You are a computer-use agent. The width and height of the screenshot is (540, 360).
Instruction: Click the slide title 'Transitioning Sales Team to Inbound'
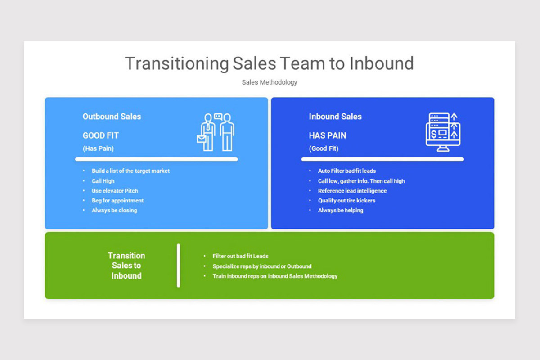tap(269, 63)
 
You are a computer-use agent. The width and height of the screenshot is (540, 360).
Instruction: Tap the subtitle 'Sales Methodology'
tap(269, 82)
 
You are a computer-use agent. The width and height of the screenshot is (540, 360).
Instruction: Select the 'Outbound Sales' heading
tap(112, 117)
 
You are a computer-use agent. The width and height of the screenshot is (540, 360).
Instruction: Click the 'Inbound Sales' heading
tap(335, 117)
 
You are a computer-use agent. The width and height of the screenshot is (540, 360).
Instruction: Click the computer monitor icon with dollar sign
tap(443, 131)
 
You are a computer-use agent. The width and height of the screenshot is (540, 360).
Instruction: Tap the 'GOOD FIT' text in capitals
tap(101, 135)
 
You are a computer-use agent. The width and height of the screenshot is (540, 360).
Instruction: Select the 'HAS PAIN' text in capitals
tap(328, 135)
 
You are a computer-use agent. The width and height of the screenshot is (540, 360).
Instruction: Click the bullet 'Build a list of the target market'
tap(130, 171)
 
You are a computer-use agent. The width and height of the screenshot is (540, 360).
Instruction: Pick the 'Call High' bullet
tap(103, 181)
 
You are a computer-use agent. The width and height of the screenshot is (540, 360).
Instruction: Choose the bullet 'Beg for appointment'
tap(117, 201)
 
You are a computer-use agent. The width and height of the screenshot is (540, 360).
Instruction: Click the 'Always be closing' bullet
tap(114, 211)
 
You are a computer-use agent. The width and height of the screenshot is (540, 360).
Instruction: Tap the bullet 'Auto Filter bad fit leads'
tap(347, 171)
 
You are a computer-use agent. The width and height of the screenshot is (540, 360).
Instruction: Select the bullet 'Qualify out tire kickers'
tap(346, 201)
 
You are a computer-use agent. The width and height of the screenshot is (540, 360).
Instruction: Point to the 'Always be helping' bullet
tap(341, 211)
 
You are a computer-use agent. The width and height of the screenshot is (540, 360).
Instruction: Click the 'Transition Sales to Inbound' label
tap(126, 265)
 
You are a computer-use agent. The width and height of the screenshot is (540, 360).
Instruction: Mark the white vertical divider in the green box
tap(179, 265)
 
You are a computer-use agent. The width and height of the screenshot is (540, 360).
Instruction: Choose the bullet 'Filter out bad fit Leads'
tap(240, 256)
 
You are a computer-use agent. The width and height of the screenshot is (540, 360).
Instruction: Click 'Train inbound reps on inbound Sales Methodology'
tap(275, 276)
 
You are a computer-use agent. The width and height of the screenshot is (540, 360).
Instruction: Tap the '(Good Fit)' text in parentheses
tap(324, 148)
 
